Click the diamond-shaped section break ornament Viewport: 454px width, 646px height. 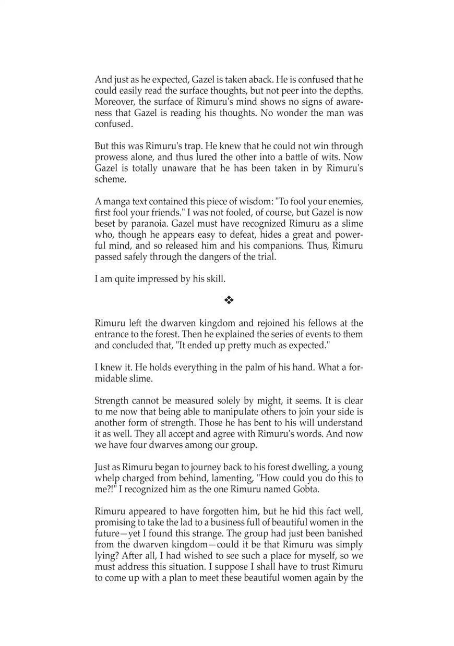point(229,300)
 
